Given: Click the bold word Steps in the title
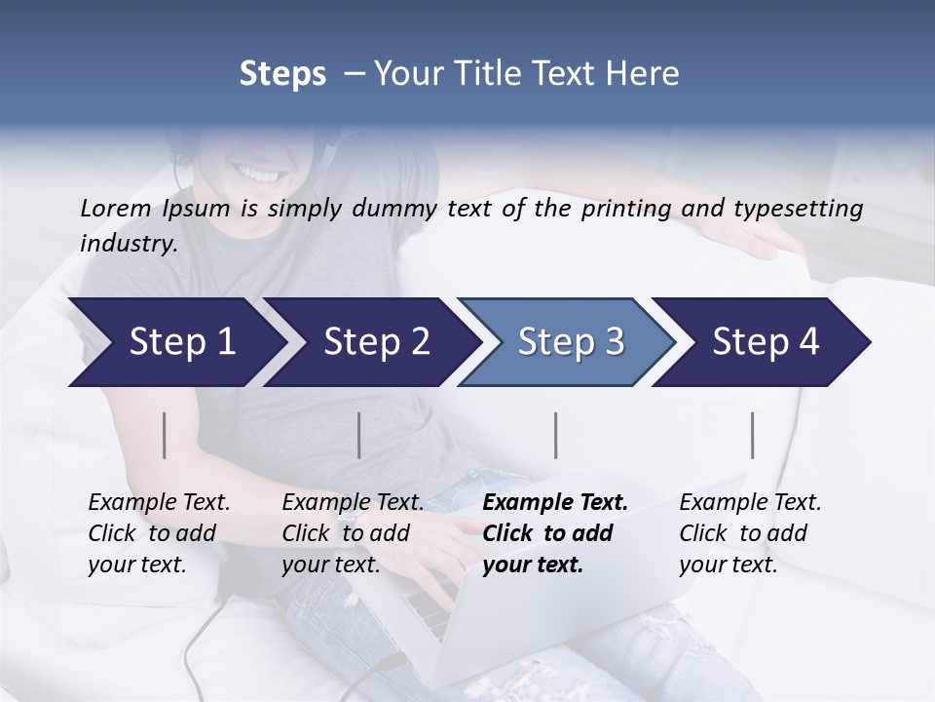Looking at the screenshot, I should tap(282, 74).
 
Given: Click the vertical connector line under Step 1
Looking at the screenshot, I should tap(165, 435).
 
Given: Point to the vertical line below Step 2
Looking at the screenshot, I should tap(359, 435).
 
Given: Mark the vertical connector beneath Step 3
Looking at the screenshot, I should tap(555, 435).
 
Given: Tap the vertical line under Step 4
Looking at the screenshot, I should tap(752, 435).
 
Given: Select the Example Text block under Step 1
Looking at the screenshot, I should tap(159, 533).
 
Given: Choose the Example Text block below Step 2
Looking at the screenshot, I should tap(353, 533).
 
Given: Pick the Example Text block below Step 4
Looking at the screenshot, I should tap(750, 533).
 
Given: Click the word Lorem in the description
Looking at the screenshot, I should tap(116, 209).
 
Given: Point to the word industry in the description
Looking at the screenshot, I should tap(129, 244).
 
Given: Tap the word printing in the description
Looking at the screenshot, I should tap(617, 209).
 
